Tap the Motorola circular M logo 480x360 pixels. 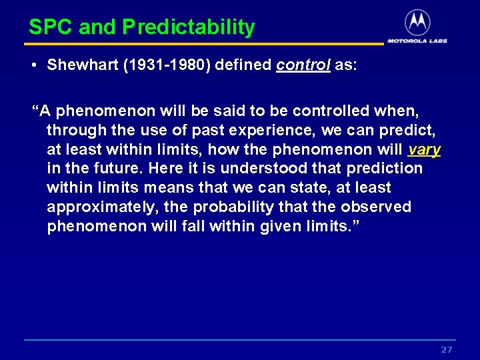pyautogui.click(x=417, y=23)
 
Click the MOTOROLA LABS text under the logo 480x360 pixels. pyautogui.click(x=417, y=40)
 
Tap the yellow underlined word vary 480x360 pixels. pyautogui.click(x=424, y=149)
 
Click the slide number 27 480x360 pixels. pyautogui.click(x=447, y=350)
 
